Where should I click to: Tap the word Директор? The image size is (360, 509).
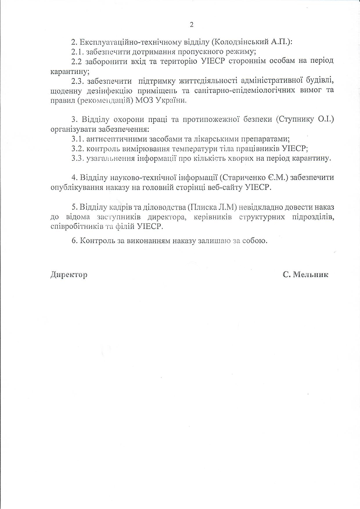(69, 275)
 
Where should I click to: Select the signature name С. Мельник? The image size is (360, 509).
(305, 275)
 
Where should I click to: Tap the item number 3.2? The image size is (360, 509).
(78, 149)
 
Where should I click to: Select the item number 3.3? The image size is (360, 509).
(78, 159)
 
